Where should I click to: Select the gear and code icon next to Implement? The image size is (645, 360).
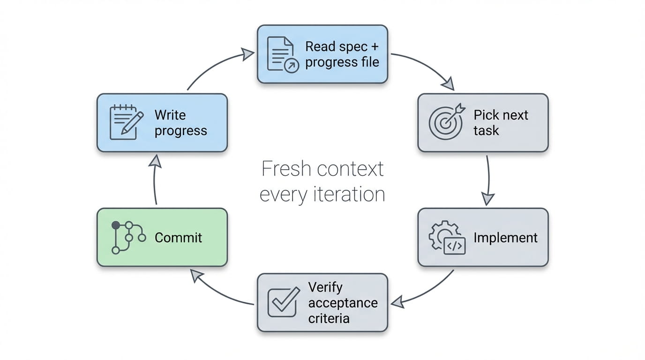coord(447,238)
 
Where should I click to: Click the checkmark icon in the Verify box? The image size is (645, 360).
coord(283,302)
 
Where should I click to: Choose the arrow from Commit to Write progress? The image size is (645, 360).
coord(156,180)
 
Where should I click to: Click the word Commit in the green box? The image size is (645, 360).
coord(178,238)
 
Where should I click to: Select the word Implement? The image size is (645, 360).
coord(505,238)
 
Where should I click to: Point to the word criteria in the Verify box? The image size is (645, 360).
coord(329,319)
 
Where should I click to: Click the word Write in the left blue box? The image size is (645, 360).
coord(170,115)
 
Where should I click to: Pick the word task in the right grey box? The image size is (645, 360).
coord(486,131)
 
